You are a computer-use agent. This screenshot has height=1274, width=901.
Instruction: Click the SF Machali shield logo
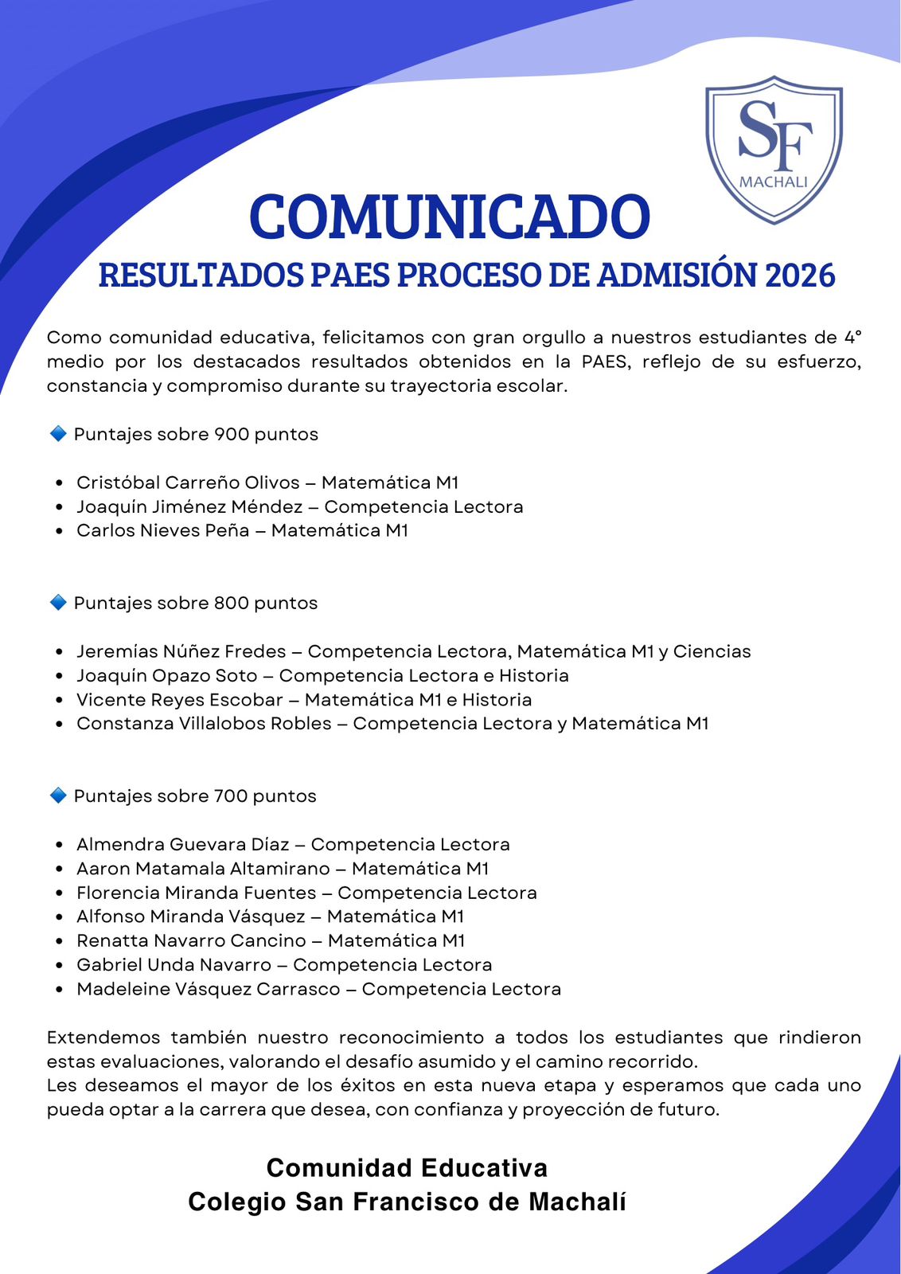tap(774, 149)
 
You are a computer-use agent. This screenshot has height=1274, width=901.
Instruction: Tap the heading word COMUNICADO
tap(450, 217)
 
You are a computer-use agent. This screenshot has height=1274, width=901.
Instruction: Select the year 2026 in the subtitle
tap(800, 276)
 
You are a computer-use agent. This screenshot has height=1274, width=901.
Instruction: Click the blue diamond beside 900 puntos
tap(58, 434)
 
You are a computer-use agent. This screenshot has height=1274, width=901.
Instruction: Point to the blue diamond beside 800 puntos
tap(58, 603)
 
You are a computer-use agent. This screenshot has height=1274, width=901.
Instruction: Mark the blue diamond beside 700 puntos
tap(58, 795)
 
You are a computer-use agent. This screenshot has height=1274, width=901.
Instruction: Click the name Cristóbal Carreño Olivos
tap(188, 483)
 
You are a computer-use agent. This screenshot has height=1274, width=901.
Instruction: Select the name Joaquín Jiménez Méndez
tap(189, 506)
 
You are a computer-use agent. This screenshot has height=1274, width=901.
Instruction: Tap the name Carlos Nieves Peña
tap(163, 530)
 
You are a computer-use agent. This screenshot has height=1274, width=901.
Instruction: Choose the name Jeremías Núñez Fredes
tap(181, 651)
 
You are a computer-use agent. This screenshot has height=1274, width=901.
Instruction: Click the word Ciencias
tap(712, 651)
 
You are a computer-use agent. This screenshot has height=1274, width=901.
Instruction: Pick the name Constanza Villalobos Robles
tap(204, 723)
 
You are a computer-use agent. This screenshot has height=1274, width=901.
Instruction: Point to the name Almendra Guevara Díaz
tap(182, 844)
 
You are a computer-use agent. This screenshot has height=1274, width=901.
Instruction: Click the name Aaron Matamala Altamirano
tap(203, 868)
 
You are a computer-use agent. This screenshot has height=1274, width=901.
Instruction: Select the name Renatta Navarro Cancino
tap(191, 940)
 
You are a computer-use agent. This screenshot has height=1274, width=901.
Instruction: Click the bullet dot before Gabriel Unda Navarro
tap(60, 965)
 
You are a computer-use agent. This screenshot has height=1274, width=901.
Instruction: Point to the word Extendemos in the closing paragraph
tap(101, 1038)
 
